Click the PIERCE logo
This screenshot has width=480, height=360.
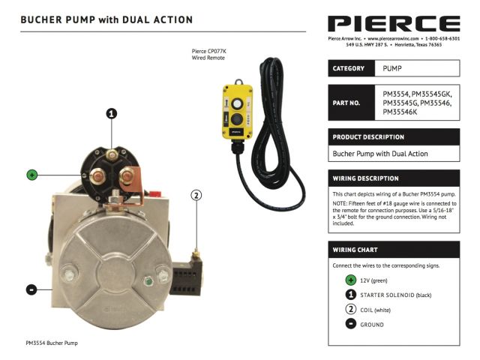click(394, 23)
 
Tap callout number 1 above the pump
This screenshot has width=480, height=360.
click(112, 113)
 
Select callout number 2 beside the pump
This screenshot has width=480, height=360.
click(196, 195)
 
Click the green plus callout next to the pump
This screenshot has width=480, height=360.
click(32, 175)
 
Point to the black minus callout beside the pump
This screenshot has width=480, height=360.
click(31, 289)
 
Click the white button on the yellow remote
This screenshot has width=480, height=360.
click(237, 103)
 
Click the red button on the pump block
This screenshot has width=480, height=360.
click(155, 193)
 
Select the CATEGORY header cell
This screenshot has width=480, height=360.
click(352, 68)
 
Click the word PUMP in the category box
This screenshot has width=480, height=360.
click(391, 68)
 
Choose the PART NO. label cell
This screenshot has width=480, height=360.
click(352, 103)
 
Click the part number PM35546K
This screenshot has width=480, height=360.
click(400, 112)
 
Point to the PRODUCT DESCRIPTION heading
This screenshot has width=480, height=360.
click(368, 137)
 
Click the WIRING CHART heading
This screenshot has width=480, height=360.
click(355, 250)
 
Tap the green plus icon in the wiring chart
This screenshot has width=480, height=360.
click(351, 280)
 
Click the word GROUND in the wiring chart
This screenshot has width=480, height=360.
click(372, 325)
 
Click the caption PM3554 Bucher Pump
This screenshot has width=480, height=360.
click(52, 343)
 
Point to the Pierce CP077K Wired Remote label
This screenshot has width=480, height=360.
click(209, 55)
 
